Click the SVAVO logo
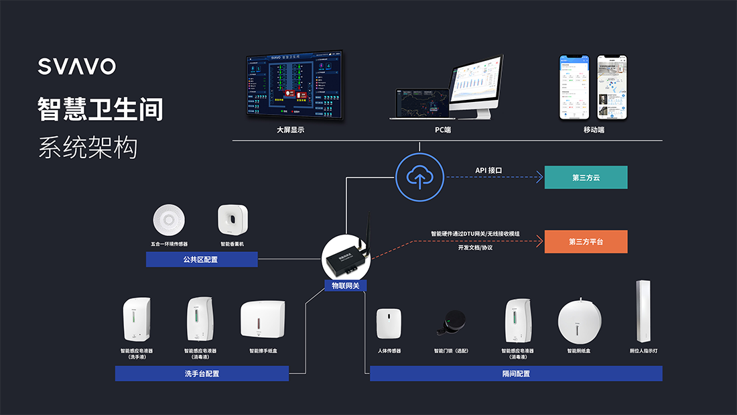click(77, 66)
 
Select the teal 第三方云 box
click(586, 178)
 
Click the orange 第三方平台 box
click(586, 241)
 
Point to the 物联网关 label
click(346, 286)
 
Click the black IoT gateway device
click(347, 258)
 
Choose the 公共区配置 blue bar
click(202, 259)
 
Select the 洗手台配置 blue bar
click(202, 373)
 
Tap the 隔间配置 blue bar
click(516, 373)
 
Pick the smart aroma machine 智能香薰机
click(232, 220)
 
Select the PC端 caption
click(443, 130)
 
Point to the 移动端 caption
click(594, 130)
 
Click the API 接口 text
click(488, 170)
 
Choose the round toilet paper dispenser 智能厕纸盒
click(580, 321)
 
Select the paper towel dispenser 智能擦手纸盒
click(263, 320)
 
